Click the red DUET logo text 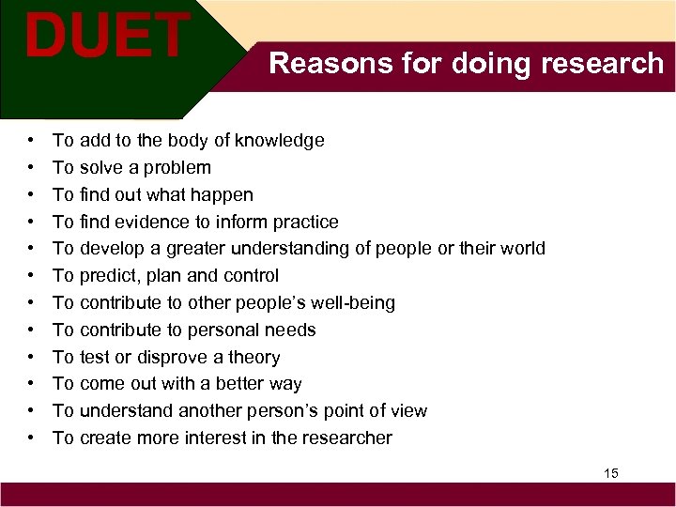[x=107, y=36]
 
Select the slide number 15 [x=611, y=473]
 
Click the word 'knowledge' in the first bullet [x=279, y=141]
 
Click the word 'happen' [x=223, y=195]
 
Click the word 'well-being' [x=349, y=303]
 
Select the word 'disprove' [x=171, y=358]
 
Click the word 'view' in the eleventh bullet [x=407, y=411]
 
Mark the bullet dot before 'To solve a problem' [x=32, y=168]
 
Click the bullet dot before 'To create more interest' [x=32, y=438]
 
